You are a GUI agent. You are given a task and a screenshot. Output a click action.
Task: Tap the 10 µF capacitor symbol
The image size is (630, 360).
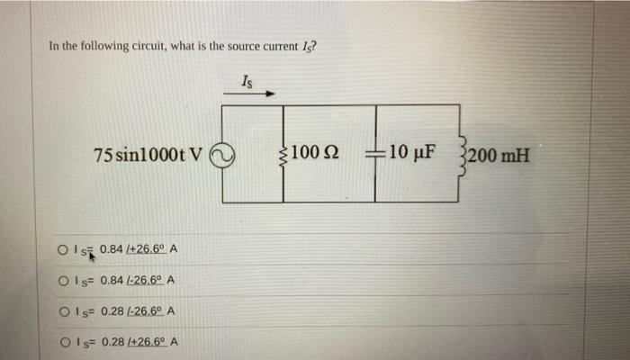click(376, 154)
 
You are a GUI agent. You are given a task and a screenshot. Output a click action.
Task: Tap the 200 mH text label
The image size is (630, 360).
click(502, 154)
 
